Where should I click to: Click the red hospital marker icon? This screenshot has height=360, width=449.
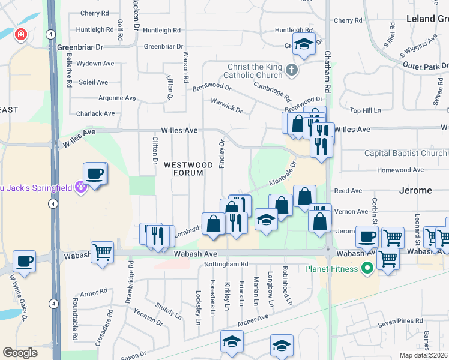click(22, 35)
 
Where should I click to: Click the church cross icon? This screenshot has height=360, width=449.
click(292, 71)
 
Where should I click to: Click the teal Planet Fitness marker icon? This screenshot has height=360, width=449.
click(367, 268)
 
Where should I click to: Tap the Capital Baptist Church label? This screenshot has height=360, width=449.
click(405, 153)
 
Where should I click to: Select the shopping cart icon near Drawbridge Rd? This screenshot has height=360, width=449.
click(102, 251)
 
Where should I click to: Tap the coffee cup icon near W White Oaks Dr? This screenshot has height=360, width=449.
click(24, 262)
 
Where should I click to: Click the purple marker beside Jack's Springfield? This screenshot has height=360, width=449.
click(82, 187)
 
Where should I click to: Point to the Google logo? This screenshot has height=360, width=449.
click(20, 353)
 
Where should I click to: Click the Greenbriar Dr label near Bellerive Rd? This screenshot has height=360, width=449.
click(80, 46)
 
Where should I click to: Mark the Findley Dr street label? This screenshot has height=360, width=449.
click(221, 154)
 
